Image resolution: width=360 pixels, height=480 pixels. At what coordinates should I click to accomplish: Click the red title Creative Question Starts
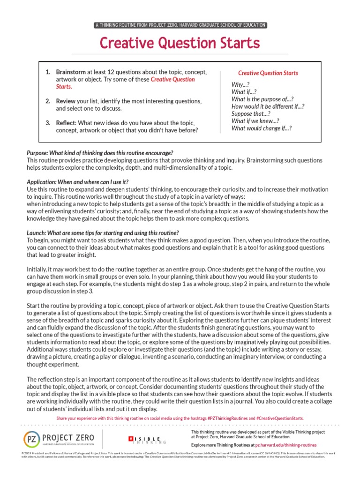pos(180,43)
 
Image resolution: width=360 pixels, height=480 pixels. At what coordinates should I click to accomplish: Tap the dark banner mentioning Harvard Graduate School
pos(180,25)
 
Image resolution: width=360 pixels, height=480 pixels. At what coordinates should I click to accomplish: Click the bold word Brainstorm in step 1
pos(71,73)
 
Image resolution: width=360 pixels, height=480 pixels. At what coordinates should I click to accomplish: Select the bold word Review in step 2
pos(66,101)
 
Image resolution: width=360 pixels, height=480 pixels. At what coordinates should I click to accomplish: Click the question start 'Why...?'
pos(240,85)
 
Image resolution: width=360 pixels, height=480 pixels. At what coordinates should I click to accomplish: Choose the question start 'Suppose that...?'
pos(251,113)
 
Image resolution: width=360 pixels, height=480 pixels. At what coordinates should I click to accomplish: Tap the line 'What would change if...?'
pos(262,128)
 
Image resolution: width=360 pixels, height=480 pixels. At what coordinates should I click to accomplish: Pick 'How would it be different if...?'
pos(268,106)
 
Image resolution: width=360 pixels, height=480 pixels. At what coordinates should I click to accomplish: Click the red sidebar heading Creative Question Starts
pos(268,73)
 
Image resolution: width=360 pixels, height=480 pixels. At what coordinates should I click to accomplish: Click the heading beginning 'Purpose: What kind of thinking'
pos(100,153)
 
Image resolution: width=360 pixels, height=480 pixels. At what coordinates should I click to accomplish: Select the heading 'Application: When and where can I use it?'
pos(78,182)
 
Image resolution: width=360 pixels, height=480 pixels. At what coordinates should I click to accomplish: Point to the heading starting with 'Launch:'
pos(103,233)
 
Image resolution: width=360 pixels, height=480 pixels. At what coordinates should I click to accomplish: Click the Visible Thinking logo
pos(147,440)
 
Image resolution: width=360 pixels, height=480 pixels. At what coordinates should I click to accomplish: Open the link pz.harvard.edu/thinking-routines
pos(286,444)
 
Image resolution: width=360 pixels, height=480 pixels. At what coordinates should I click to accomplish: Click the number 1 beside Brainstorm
pos(47,73)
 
